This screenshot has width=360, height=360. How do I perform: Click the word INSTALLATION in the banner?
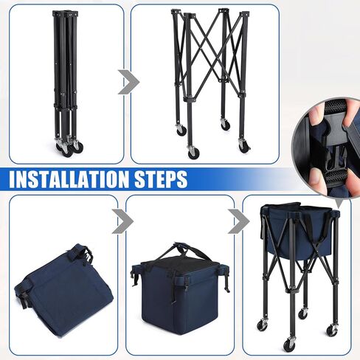coord(69,179)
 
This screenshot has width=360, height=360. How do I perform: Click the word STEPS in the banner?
coord(161,179)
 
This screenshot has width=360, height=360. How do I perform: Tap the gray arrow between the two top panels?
coord(128,82)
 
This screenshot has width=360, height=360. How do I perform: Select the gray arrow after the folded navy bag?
coord(122,221)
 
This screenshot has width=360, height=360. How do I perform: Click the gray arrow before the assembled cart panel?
coord(239,221)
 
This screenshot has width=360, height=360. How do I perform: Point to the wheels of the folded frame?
coord(69,148)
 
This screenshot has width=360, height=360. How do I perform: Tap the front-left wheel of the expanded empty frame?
coord(193,153)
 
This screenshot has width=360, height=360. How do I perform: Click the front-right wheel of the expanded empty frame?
coord(245,146)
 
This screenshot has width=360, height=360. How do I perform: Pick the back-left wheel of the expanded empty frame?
coord(181,130)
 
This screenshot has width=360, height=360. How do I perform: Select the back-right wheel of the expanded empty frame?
coord(225,125)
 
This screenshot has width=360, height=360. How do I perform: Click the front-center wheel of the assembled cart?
coord(288,344)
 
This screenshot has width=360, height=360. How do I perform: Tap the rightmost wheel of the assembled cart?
coord(332,330)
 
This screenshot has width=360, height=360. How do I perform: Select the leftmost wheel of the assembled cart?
coord(262,325)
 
